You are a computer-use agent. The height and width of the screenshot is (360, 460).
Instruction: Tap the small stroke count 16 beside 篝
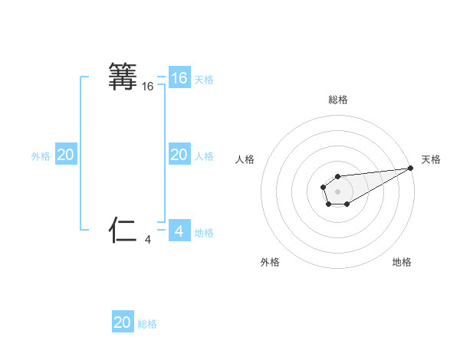coord(148,87)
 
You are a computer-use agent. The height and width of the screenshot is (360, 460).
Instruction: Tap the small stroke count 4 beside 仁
coord(148,240)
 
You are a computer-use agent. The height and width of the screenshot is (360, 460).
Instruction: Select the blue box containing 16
coord(179,78)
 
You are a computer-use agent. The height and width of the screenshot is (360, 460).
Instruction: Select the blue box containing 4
coord(179,231)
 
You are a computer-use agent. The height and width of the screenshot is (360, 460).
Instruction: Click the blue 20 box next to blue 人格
coord(179,155)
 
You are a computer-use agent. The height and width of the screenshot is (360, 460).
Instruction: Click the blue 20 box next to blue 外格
coord(66,155)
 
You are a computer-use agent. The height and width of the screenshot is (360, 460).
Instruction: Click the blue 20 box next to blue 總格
coord(123,322)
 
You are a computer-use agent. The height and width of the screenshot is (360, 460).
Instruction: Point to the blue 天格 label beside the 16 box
coord(204,79)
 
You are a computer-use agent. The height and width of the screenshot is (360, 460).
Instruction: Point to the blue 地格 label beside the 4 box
coord(204,232)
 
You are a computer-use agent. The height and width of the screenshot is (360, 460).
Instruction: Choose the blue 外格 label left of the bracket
coord(41,156)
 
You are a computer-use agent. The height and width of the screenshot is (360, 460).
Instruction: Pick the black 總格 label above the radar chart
coord(338,100)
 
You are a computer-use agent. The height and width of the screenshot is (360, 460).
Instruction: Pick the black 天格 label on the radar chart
coord(431,159)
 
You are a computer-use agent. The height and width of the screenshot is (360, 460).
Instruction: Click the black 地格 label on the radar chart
coord(402,262)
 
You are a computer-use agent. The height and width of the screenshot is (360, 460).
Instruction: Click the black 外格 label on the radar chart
coord(270,262)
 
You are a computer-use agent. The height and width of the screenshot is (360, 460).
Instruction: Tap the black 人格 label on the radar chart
coord(245,159)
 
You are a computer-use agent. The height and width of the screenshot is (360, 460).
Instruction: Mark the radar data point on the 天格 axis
coord(411,167)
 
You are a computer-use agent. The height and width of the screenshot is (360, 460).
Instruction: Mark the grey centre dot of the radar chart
coord(338,191)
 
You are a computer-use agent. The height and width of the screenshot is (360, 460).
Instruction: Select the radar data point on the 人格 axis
coord(324,186)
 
